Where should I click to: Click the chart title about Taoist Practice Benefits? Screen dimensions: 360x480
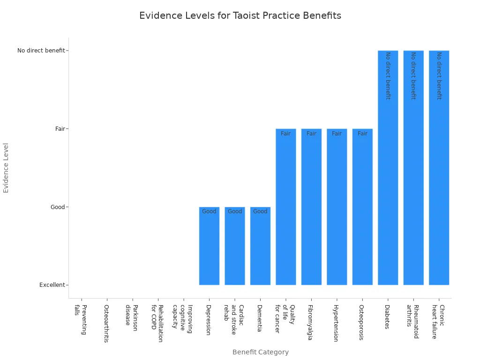point(240,15)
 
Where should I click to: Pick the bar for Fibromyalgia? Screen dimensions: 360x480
point(311,207)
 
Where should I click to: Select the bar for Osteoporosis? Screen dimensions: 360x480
point(362,207)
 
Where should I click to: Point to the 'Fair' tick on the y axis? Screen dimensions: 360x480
point(60,128)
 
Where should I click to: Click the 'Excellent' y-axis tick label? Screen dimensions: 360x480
point(52,285)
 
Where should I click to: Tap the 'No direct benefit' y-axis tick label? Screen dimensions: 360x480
point(41,50)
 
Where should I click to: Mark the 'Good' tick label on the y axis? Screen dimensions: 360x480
point(58,207)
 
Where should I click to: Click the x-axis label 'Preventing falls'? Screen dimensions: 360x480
point(81,320)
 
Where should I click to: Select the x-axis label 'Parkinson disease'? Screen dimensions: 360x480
point(131,318)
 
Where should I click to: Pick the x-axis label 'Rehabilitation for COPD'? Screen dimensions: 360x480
point(157,323)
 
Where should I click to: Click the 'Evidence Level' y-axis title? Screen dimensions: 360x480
point(6,167)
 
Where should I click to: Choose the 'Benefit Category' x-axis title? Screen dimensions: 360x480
point(260,352)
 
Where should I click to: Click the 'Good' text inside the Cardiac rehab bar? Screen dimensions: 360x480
point(235,211)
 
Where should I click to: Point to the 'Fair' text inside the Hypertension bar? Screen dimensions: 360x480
point(337,134)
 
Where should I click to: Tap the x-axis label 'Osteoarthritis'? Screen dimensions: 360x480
point(106,323)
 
